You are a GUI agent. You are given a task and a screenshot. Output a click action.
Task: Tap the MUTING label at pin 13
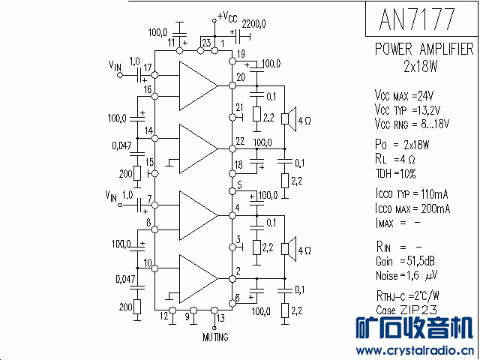pos(215,337)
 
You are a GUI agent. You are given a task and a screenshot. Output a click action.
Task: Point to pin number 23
pos(205,43)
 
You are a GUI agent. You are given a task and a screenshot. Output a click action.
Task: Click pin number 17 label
pos(148,68)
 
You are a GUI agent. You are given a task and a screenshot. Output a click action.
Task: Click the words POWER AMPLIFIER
pos(424,49)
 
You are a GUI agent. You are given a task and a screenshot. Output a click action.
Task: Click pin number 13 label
pos(220,318)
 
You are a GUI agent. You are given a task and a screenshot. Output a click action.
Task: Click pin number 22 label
pos(240,140)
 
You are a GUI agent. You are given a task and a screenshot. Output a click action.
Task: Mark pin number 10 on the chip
pos(148,263)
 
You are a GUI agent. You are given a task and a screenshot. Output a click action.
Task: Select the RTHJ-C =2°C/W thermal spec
pos(407,295)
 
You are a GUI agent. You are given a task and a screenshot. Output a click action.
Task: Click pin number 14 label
pos(149,131)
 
